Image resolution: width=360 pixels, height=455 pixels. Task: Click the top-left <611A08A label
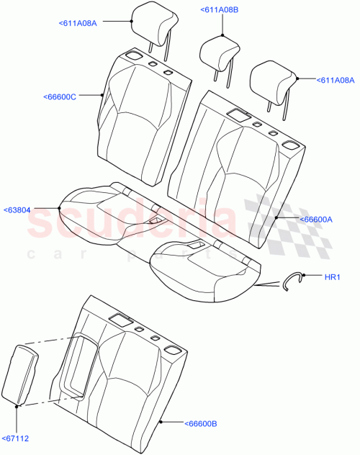click(76, 23)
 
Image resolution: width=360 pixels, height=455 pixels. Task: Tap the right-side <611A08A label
click(336, 79)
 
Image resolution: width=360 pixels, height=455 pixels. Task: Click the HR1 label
click(332, 276)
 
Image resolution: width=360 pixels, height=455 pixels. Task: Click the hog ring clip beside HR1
click(292, 280)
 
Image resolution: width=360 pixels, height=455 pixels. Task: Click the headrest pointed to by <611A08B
click(219, 52)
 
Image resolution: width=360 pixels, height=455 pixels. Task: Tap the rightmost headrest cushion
click(274, 81)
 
